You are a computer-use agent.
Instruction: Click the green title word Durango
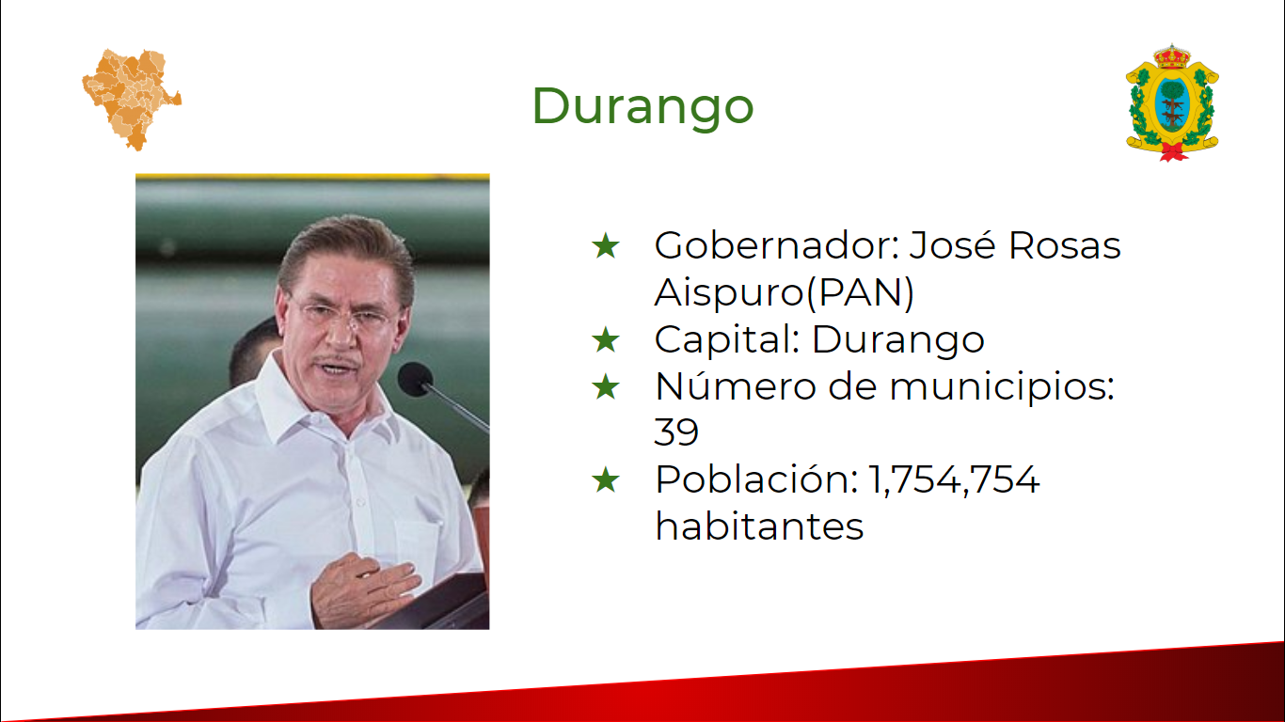642,106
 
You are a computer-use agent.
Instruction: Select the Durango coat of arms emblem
1172,103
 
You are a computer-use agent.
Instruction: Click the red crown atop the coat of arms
1172,56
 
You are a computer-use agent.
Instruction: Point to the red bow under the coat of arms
1173,151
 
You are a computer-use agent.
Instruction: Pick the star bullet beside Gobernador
606,246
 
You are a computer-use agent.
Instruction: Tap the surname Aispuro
729,293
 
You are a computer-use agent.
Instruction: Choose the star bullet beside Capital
606,340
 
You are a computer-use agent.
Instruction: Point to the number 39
676,432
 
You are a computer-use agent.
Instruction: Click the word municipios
1002,387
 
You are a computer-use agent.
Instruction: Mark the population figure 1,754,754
954,479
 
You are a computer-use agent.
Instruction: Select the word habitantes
759,526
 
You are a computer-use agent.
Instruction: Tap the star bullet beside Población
606,480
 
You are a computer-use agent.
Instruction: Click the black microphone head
415,379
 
